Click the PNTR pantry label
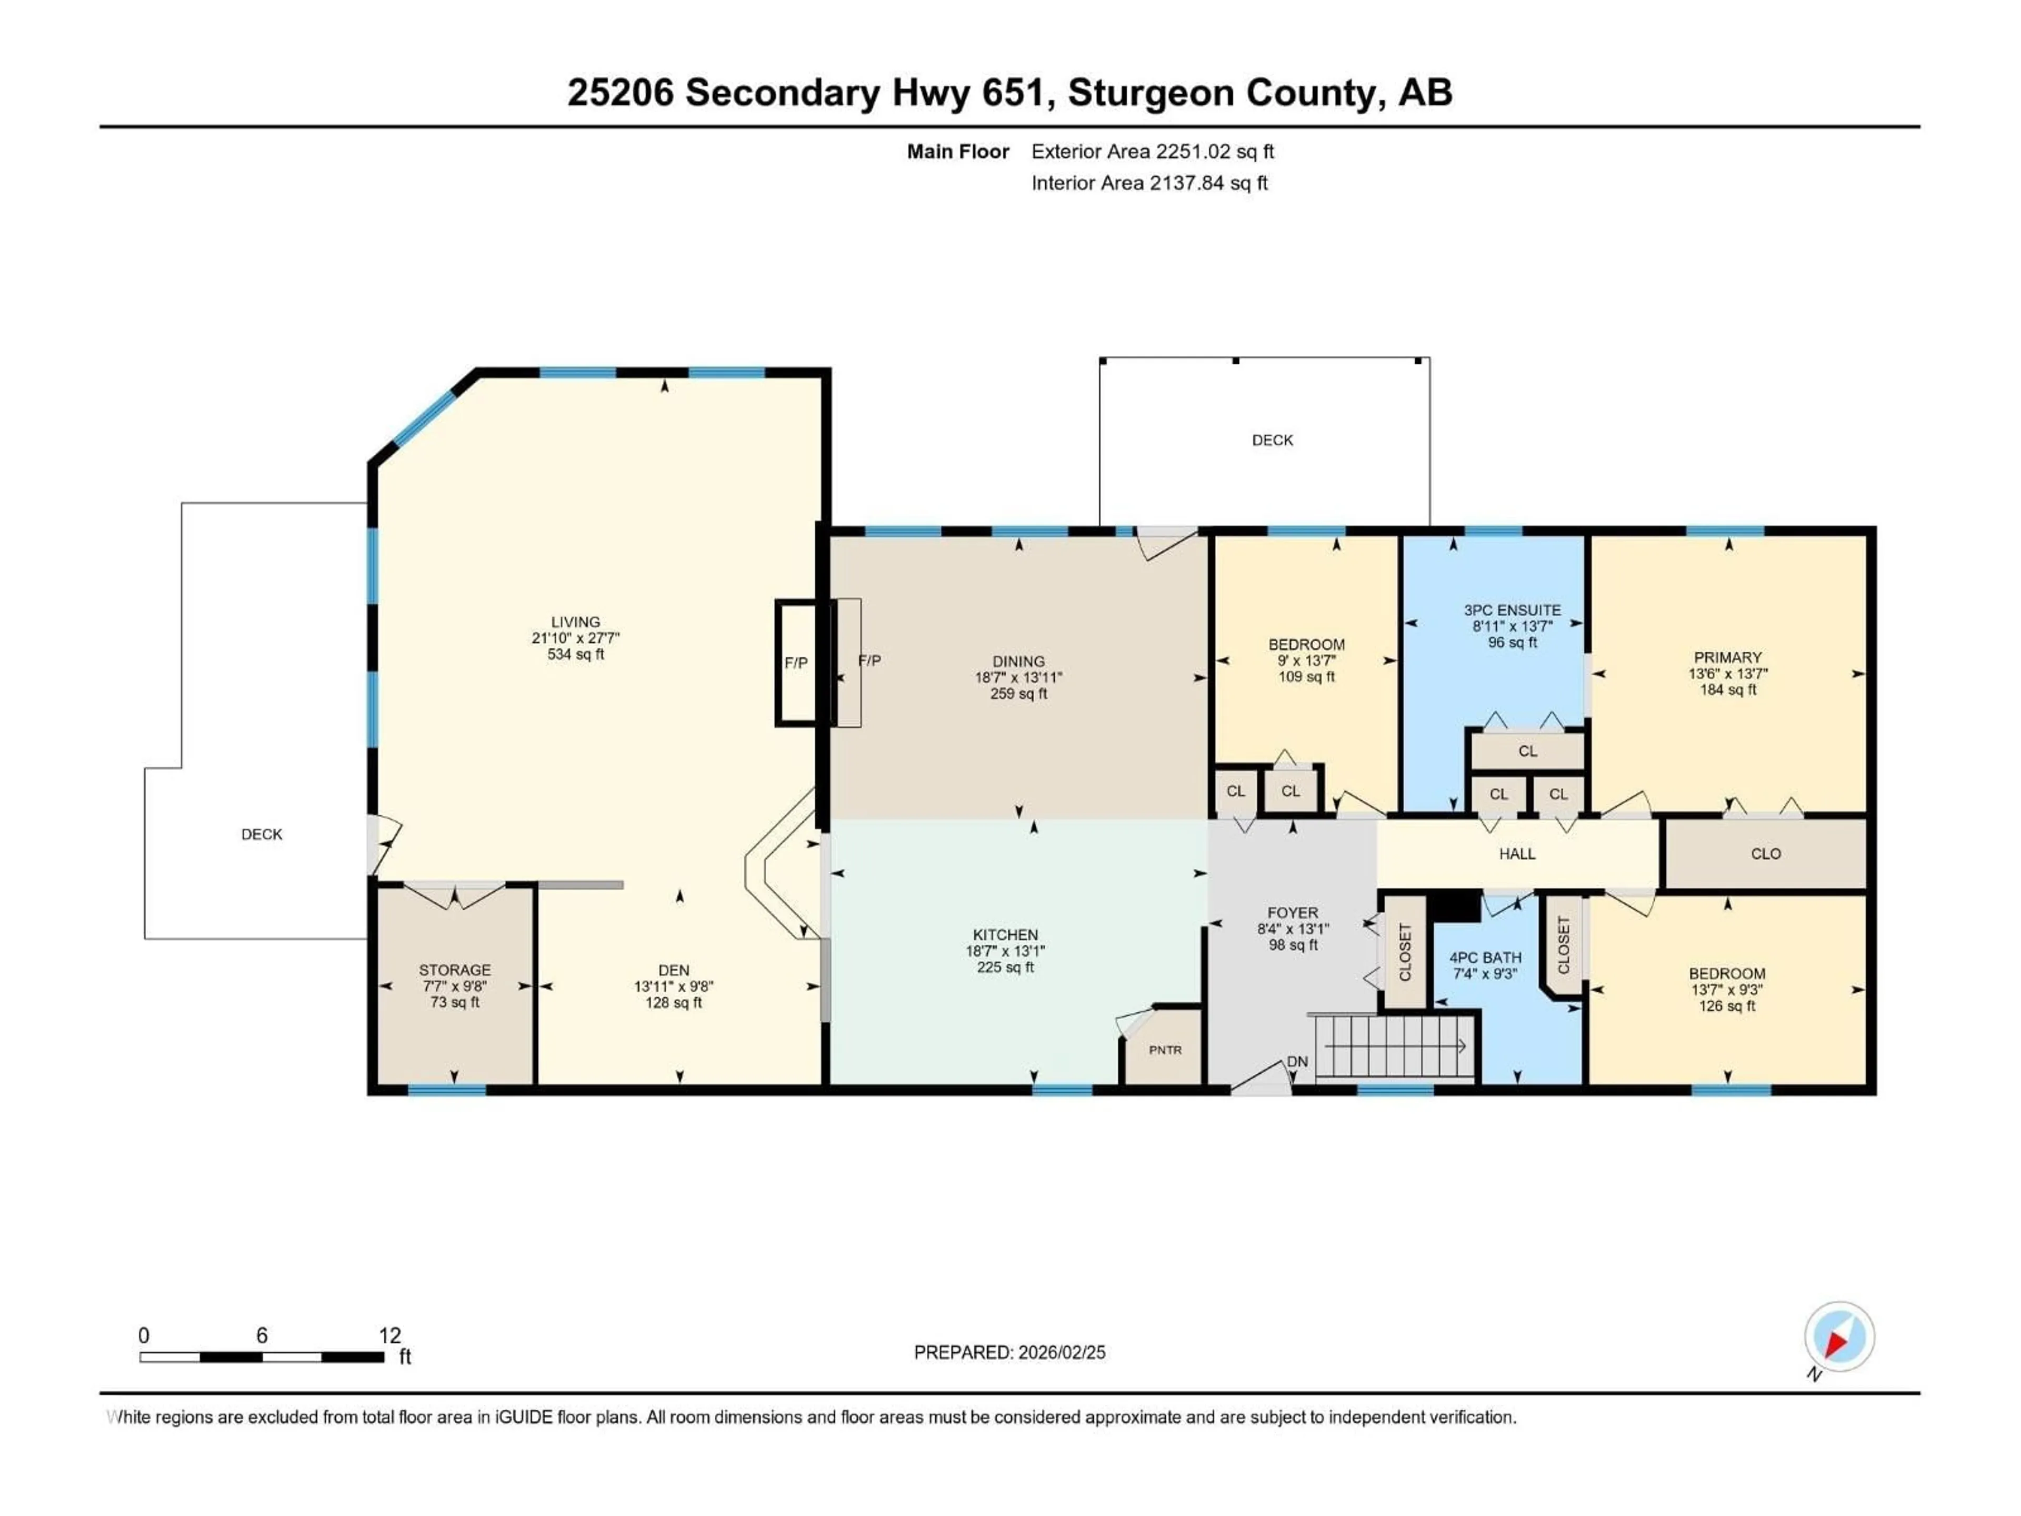click(1165, 1050)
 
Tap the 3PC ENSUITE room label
click(1512, 610)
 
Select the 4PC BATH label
click(1486, 958)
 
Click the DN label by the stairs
click(1297, 1062)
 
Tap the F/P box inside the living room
click(796, 663)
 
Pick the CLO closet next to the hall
click(1765, 853)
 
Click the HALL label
click(1517, 853)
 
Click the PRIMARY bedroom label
click(1727, 657)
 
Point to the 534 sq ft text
click(576, 654)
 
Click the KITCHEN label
click(1005, 935)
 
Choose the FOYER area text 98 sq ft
click(1292, 945)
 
